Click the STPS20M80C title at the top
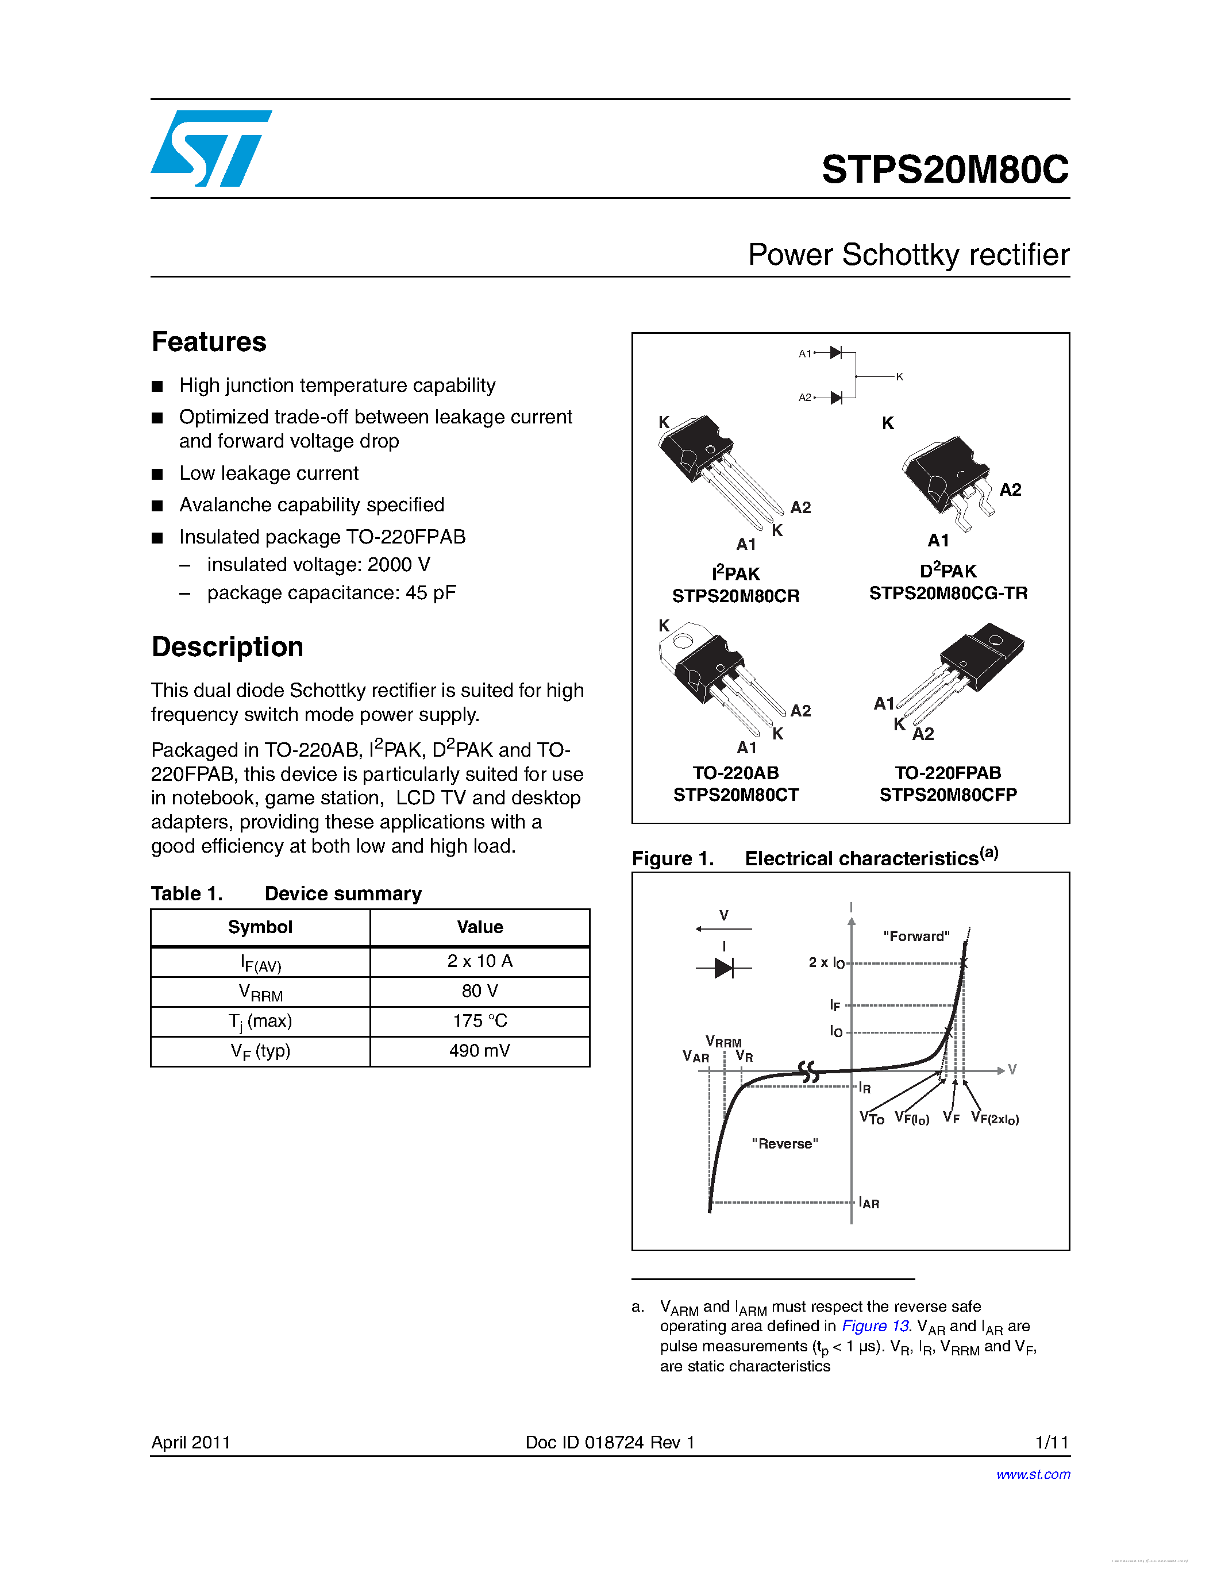(x=944, y=170)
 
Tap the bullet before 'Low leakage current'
(x=157, y=475)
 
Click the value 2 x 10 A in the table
(x=480, y=961)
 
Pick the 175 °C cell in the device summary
(x=480, y=1021)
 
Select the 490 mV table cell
(x=480, y=1050)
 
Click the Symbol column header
(x=260, y=927)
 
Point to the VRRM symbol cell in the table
(x=260, y=992)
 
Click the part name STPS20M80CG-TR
(x=947, y=594)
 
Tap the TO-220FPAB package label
(x=947, y=773)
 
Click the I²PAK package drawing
(x=716, y=470)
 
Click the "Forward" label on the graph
(x=916, y=936)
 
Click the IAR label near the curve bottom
(x=869, y=1203)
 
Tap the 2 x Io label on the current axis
(x=826, y=962)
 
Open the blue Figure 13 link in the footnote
(x=875, y=1326)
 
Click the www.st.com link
(x=1033, y=1474)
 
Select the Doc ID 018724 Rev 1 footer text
(x=610, y=1443)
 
